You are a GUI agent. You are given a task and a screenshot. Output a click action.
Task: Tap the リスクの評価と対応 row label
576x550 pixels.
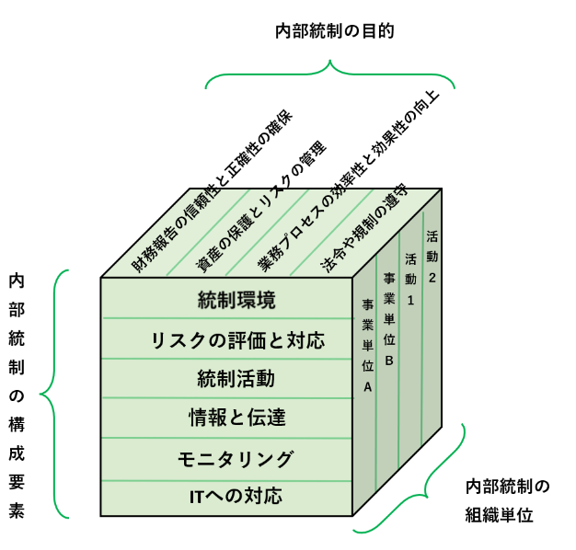(x=237, y=340)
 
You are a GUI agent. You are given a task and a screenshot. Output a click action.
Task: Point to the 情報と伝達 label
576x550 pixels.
(x=236, y=418)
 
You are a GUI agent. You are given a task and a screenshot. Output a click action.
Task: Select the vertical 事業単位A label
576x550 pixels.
(x=367, y=344)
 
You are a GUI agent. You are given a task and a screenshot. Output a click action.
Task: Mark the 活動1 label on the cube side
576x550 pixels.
(x=410, y=277)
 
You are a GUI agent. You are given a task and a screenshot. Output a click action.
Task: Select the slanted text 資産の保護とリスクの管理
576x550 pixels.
(x=261, y=206)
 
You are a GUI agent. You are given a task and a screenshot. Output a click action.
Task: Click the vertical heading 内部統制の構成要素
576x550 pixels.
(x=17, y=396)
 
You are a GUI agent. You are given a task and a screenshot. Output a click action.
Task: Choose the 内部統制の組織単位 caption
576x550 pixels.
(x=507, y=499)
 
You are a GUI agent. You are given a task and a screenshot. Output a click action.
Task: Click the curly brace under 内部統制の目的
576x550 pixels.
(x=330, y=74)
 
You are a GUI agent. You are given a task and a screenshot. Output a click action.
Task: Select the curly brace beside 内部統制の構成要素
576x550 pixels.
(x=53, y=394)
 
